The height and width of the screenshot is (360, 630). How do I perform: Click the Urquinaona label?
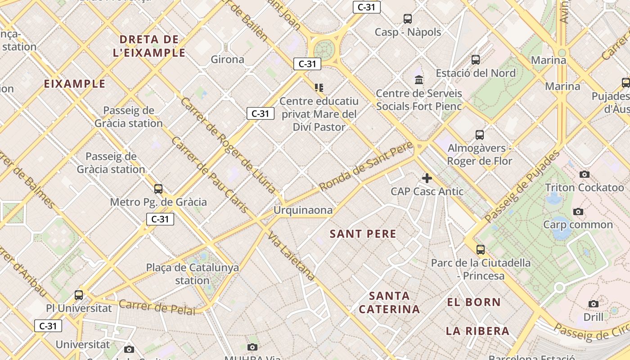click(x=303, y=210)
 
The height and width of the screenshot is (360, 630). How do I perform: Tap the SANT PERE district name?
click(x=363, y=234)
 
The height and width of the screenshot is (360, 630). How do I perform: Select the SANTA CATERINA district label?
click(x=389, y=302)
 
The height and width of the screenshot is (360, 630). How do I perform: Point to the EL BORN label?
click(x=474, y=302)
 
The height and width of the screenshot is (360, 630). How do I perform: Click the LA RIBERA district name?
click(x=477, y=331)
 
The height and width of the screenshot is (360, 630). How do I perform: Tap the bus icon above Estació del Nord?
click(x=476, y=59)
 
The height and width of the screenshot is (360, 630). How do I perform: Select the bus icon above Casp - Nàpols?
click(x=408, y=18)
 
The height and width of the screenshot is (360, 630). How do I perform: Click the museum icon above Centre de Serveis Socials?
click(x=419, y=80)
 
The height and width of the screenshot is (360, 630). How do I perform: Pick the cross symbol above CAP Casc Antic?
click(x=427, y=178)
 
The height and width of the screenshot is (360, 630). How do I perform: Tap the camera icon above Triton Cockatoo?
click(x=584, y=174)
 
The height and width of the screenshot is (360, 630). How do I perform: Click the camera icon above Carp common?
click(x=578, y=211)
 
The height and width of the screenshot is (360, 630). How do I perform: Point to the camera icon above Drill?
click(x=594, y=304)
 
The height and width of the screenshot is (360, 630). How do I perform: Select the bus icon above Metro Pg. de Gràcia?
click(x=158, y=189)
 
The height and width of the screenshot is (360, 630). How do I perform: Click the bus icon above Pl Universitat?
click(x=79, y=295)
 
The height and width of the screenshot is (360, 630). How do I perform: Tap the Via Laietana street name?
click(x=291, y=257)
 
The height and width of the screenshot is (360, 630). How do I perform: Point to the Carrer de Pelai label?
click(x=157, y=308)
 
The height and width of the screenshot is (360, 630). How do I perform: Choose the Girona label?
click(x=227, y=59)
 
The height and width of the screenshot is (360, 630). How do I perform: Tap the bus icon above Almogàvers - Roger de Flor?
click(x=480, y=135)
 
